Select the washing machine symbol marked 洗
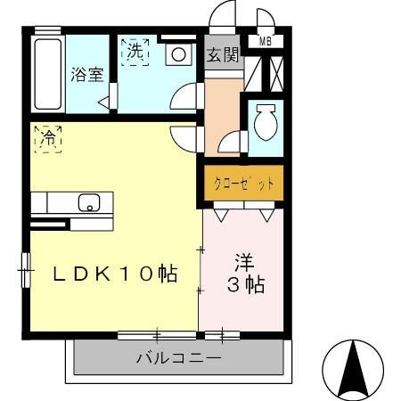[x=135, y=53]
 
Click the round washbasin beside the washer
[x=178, y=54]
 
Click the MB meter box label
[x=266, y=40]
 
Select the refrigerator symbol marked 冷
[x=48, y=139]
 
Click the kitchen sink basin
[x=89, y=202]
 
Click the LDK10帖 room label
[x=112, y=274]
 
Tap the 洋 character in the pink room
[x=244, y=263]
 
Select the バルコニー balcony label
[x=178, y=360]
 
